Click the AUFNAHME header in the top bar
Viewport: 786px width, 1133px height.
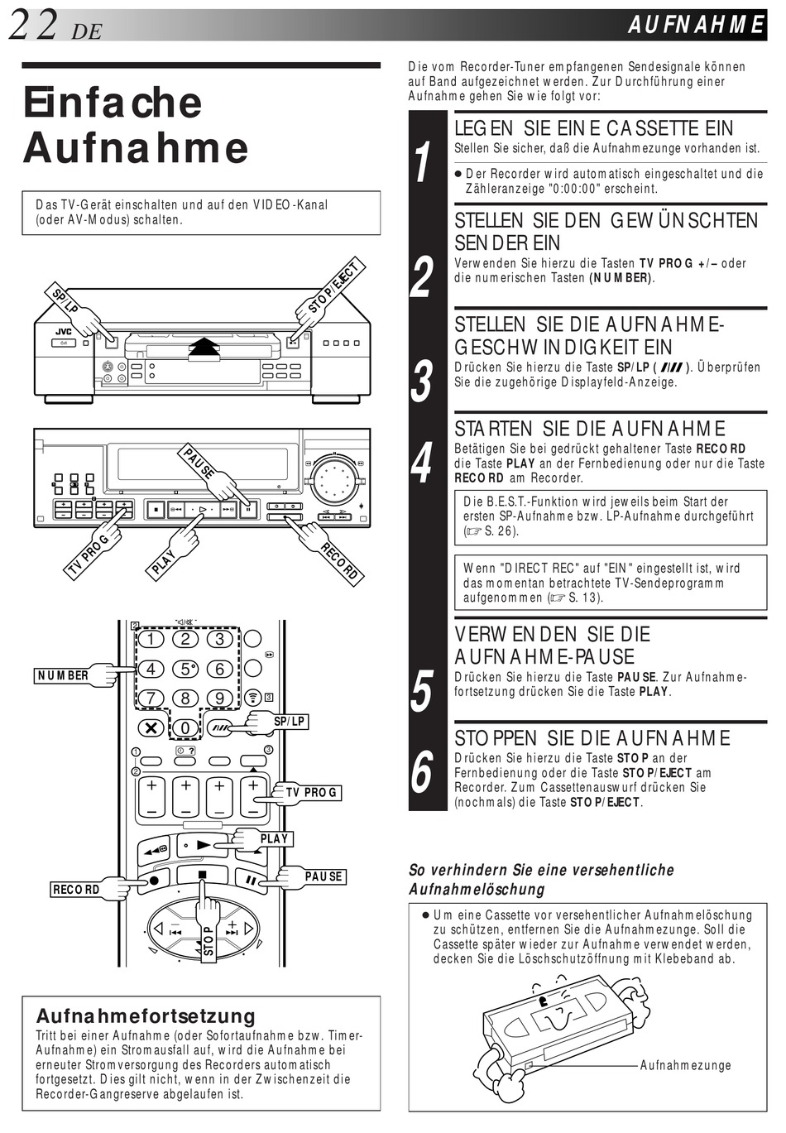point(696,26)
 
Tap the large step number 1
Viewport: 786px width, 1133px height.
point(423,163)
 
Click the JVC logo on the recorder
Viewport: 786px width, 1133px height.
point(64,332)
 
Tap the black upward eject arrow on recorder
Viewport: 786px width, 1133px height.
point(204,346)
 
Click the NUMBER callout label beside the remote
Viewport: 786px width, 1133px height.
point(63,675)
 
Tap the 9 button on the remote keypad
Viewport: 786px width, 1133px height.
point(219,698)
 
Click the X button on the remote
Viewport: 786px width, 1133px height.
point(151,727)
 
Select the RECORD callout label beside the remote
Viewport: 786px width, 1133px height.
point(76,889)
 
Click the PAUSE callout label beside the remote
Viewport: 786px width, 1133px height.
point(324,876)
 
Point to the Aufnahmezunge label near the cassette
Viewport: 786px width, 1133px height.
point(685,1065)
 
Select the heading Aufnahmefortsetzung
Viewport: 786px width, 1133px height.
point(146,1015)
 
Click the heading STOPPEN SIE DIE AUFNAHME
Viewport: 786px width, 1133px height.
point(592,737)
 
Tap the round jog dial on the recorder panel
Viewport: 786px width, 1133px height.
point(335,480)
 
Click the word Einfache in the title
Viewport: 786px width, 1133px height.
point(113,103)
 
